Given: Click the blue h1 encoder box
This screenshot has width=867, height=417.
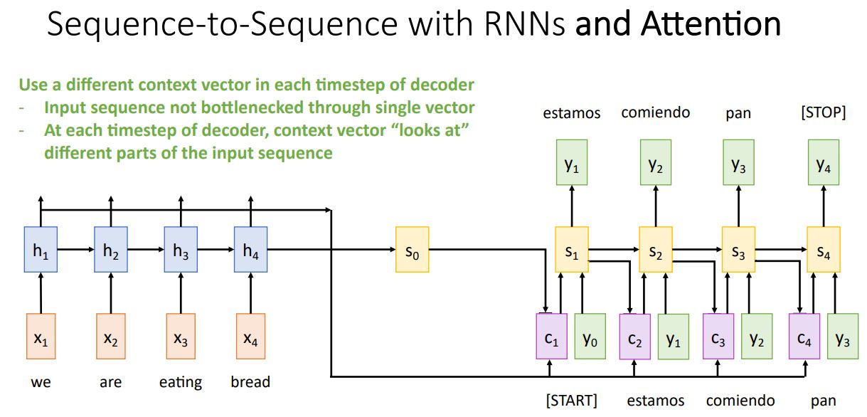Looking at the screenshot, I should click(x=41, y=249).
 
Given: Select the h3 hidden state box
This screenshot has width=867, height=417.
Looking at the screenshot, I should click(x=181, y=249).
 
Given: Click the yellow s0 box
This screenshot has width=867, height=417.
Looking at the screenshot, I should click(x=412, y=249).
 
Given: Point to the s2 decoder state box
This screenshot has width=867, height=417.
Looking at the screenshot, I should click(x=655, y=249).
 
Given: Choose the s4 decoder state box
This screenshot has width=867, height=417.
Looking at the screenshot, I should click(x=823, y=249).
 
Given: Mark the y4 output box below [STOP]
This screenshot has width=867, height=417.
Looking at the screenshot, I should click(x=823, y=165).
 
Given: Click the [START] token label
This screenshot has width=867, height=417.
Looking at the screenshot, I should click(x=571, y=400).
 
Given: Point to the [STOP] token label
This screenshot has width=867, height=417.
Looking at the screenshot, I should click(x=823, y=113).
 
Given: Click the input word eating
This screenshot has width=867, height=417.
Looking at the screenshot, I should click(x=180, y=383).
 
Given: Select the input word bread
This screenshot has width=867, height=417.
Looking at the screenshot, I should click(x=250, y=382).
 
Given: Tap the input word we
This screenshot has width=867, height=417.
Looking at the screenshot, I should click(x=41, y=383).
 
